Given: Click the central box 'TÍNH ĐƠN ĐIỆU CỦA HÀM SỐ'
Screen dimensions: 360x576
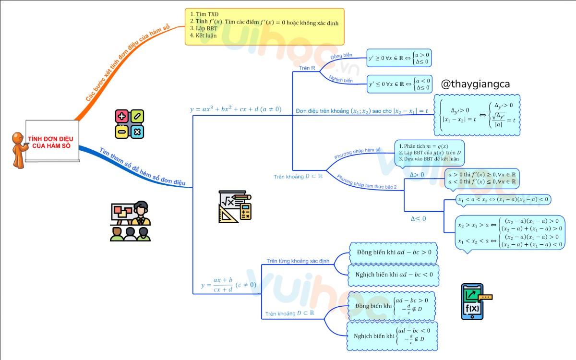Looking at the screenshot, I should [47, 142].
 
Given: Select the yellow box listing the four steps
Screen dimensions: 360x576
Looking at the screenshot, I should [264, 26].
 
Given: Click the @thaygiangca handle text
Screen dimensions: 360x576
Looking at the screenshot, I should [475, 84].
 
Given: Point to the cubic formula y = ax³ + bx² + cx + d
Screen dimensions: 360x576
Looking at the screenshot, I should [236, 109].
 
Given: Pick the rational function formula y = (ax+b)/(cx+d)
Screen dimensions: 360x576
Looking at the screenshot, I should [228, 285].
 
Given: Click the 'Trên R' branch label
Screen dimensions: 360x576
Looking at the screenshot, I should [307, 68].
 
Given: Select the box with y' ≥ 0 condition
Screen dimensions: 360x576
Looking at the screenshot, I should [399, 58].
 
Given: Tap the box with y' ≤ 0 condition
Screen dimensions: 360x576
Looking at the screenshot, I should [399, 84].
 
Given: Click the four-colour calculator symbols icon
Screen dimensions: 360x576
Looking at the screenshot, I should [130, 124].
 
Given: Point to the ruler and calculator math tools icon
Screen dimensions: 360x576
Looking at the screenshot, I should [234, 206].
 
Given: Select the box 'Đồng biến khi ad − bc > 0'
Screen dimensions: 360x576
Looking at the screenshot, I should [394, 252].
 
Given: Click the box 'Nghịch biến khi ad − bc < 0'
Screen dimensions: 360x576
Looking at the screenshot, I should [394, 275].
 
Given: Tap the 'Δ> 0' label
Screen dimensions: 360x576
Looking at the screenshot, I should [417, 175].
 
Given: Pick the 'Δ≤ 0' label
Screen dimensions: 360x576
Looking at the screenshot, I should [418, 219].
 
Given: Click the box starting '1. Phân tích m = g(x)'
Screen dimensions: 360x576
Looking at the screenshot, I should [430, 153].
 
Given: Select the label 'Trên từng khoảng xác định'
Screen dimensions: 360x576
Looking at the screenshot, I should [298, 261].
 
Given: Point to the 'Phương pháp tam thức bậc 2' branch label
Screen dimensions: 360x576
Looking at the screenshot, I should [367, 182].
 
